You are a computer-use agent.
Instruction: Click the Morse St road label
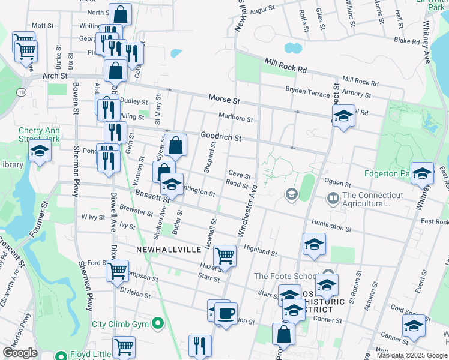pos(224,98)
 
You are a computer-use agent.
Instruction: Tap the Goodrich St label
pos(221,137)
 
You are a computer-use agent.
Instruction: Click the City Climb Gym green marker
pos(158,324)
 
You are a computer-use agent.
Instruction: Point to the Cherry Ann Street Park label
pos(39,134)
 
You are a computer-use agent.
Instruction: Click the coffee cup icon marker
pos(226,313)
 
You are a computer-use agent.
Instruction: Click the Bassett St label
pos(148,195)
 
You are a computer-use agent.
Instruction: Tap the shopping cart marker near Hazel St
pos(224,256)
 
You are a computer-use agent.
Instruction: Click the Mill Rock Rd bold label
pos(286,65)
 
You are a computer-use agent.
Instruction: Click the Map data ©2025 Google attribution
pos(412,355)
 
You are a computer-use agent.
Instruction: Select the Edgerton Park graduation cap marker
pos(422,173)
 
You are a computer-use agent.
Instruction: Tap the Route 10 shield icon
pos(22,92)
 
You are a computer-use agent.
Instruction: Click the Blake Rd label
pos(406,41)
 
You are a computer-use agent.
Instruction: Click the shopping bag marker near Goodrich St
pos(176,145)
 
